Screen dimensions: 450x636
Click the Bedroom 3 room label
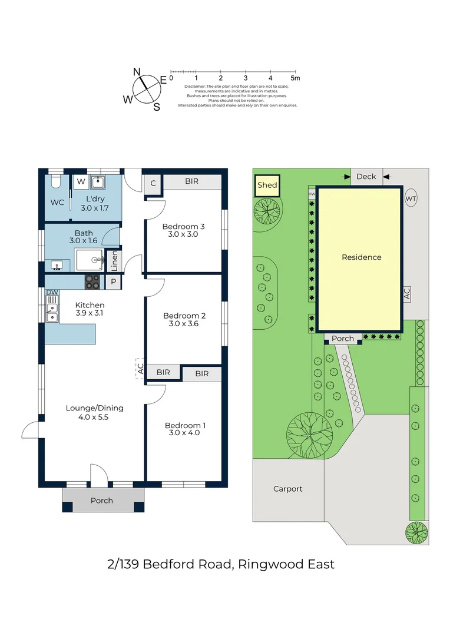click(183, 226)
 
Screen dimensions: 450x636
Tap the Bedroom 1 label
click(185, 425)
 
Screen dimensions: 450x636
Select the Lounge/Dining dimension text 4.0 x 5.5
click(93, 417)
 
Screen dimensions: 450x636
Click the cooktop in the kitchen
click(92, 282)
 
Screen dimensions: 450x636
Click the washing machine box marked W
click(81, 182)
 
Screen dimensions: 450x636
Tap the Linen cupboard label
click(114, 261)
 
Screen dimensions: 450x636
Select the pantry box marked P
click(113, 282)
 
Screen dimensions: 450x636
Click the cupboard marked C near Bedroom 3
click(153, 183)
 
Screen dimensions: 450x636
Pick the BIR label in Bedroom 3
click(192, 181)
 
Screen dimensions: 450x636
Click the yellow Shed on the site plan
click(267, 185)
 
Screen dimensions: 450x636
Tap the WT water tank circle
click(411, 198)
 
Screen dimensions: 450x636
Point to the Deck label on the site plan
click(366, 177)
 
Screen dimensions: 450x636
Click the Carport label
click(287, 489)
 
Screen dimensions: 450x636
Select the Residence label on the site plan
click(362, 257)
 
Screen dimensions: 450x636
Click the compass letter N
click(137, 72)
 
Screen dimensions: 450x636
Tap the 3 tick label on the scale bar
click(246, 78)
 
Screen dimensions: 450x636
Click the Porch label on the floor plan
click(101, 501)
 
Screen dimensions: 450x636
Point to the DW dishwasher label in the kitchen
click(52, 292)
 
